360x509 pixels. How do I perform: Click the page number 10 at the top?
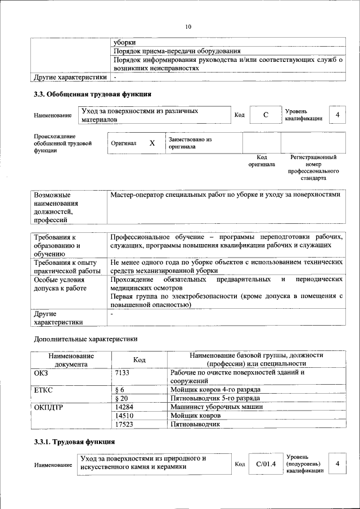click(x=188, y=26)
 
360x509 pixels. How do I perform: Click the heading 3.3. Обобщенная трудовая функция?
click(x=93, y=94)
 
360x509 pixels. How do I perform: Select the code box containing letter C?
click(x=265, y=115)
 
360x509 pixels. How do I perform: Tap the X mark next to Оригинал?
click(x=152, y=143)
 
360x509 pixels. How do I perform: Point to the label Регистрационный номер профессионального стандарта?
click(x=313, y=167)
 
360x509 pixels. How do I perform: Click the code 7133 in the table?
click(x=122, y=372)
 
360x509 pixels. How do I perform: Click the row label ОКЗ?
click(x=42, y=372)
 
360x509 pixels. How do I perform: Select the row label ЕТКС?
click(x=44, y=389)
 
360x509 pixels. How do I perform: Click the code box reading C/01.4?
click(x=264, y=464)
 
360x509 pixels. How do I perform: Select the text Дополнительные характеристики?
click(x=85, y=339)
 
